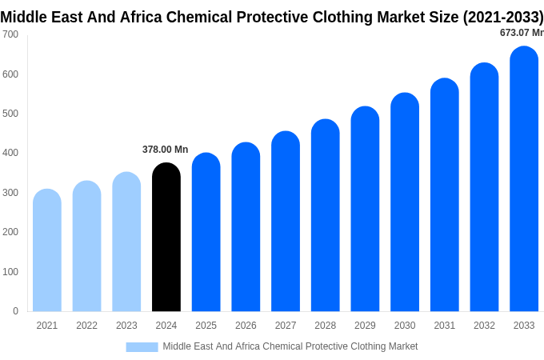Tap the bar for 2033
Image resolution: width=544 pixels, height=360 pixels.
click(524, 179)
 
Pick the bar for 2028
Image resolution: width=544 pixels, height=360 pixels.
click(326, 215)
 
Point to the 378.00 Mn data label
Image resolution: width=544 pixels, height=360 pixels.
click(165, 150)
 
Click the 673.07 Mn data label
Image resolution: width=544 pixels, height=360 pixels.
click(521, 33)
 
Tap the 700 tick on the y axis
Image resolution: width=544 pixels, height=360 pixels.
click(10, 34)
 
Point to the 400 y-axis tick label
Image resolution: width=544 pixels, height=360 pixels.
click(10, 153)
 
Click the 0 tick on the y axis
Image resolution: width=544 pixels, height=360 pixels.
click(15, 311)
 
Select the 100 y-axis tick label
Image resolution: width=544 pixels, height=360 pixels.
click(10, 272)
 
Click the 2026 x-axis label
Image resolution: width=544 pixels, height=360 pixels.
click(246, 326)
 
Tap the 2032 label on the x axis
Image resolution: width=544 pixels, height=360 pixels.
click(484, 326)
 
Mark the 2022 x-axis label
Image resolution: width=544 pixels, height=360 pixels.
click(87, 326)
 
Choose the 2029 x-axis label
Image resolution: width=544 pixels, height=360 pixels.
click(365, 326)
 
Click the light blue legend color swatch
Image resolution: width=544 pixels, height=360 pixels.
click(142, 346)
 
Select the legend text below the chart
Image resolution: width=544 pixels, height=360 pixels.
click(290, 346)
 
